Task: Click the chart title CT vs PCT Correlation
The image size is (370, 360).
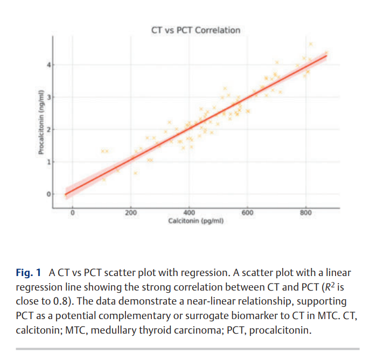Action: (196, 30)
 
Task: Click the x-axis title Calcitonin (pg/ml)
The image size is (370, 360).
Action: (196, 221)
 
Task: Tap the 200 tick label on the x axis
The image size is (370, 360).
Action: (130, 213)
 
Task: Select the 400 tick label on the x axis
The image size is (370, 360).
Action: (189, 213)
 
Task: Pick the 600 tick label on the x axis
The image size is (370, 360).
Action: (247, 213)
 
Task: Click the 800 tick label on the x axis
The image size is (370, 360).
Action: (306, 213)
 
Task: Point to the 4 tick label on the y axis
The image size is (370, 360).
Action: (47, 65)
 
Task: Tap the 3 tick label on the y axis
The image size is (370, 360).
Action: (47, 97)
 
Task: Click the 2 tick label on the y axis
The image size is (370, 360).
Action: (47, 130)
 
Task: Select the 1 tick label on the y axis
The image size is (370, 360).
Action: (47, 162)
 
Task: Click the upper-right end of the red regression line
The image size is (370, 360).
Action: (326, 54)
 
